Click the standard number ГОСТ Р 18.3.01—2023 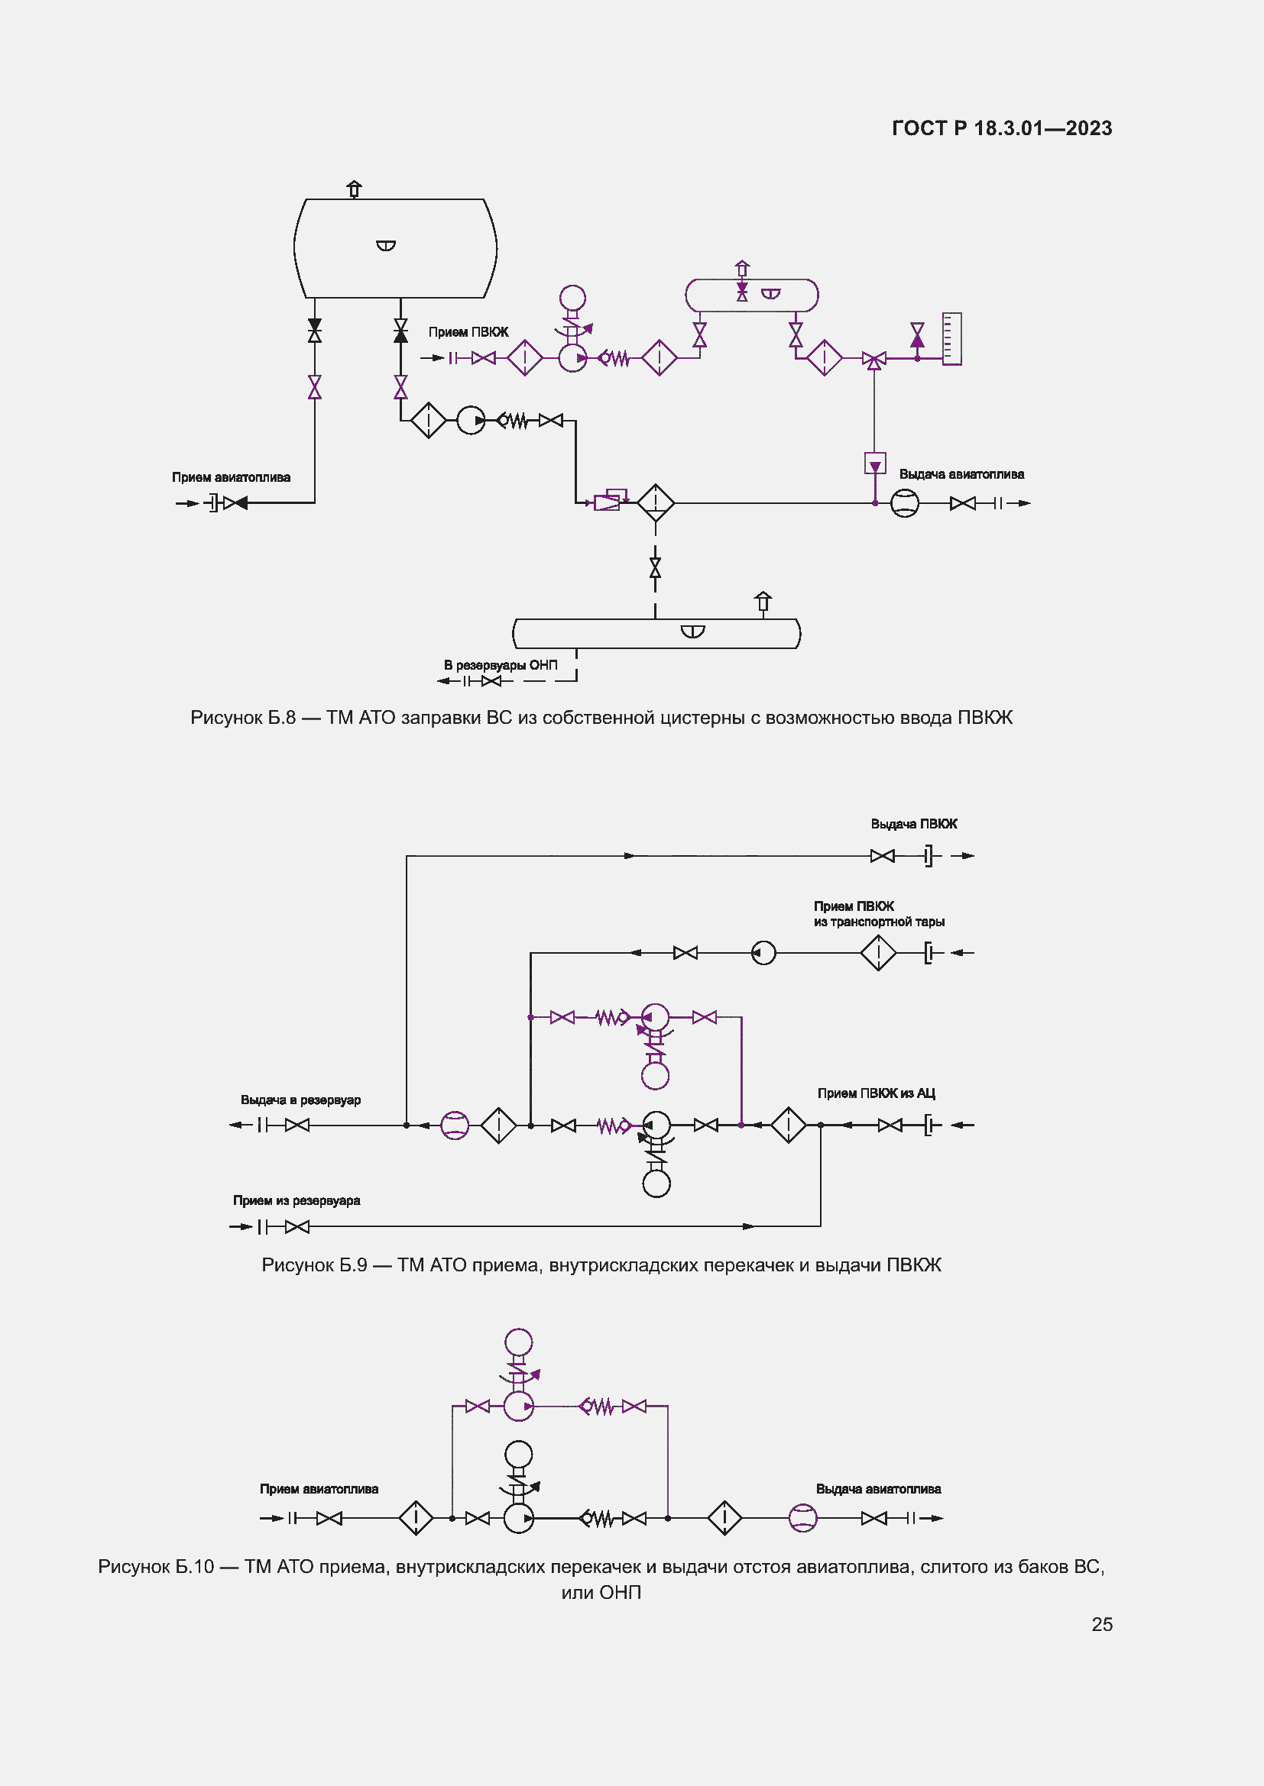1002,128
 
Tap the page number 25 1101,1624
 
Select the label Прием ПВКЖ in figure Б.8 468,332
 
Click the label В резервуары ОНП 501,665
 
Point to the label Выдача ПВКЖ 914,824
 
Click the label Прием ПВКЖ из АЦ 877,1093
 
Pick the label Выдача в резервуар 300,1100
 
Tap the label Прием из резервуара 297,1200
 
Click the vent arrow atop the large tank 354,189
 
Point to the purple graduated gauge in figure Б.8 952,338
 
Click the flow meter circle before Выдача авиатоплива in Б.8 904,503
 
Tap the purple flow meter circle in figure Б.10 802,1518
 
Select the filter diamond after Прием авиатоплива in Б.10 416,1518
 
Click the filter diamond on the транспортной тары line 878,952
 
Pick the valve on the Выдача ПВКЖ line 882,856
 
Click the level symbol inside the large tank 386,246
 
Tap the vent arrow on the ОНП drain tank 763,601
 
